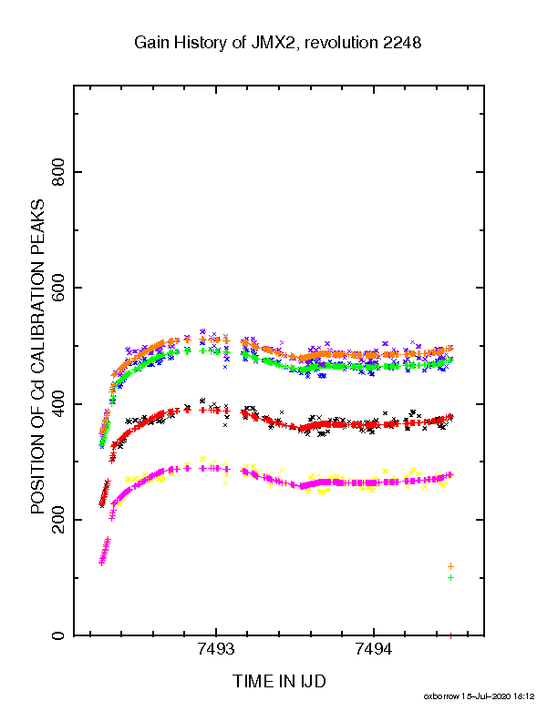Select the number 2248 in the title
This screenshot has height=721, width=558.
point(401,43)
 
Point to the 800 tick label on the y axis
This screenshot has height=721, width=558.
point(58,172)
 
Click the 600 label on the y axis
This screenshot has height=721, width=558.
point(58,288)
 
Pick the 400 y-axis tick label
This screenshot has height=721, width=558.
point(58,403)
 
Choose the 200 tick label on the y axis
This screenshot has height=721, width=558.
point(58,520)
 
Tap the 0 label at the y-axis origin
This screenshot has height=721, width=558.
point(58,635)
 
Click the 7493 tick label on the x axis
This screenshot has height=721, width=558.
point(216,649)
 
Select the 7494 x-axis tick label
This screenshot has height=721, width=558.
point(374,649)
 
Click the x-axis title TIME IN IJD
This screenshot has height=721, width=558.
point(279,681)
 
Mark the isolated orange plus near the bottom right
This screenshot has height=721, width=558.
point(450,566)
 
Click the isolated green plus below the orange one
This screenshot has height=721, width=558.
point(450,577)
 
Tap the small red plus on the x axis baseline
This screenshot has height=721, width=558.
point(450,636)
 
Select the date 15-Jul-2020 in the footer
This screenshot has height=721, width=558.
point(486,696)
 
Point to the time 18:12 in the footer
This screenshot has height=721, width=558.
point(524,696)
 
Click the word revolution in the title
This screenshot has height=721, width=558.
point(341,43)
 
